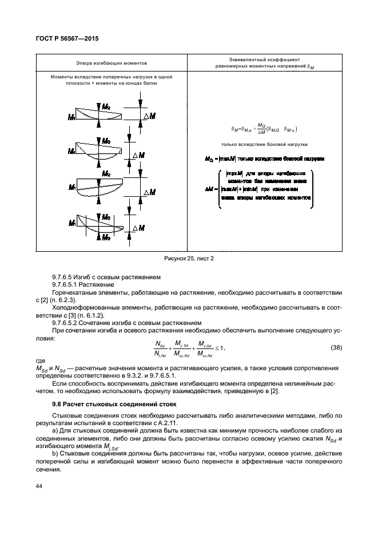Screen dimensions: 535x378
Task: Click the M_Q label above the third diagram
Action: [105, 173]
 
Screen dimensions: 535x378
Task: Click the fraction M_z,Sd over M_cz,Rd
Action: [205, 347]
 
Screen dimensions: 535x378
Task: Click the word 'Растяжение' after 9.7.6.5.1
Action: [101, 284]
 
